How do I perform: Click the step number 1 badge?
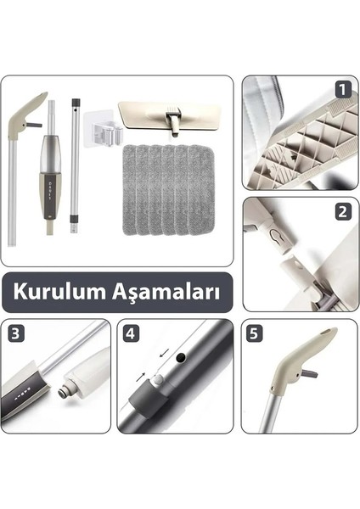pos(341,88)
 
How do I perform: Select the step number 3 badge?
pos(16,333)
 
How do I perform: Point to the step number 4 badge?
pos(131,333)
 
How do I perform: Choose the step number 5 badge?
pos(254,333)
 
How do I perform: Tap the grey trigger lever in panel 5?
pos(310,372)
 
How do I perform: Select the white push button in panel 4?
pos(158,382)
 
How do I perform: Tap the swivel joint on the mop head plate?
pos(173,124)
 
